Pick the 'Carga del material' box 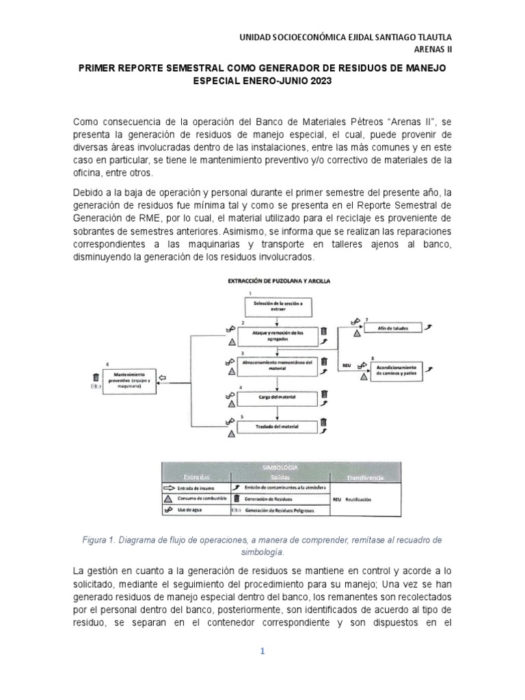pos(277,397)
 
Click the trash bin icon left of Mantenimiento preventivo pos(96,377)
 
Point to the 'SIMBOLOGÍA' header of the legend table pos(281,466)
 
